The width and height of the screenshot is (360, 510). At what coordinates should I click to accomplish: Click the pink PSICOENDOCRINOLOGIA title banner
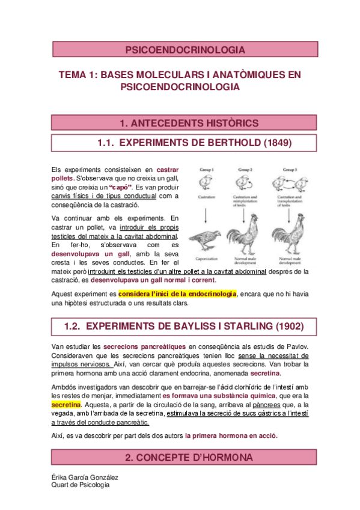(180, 49)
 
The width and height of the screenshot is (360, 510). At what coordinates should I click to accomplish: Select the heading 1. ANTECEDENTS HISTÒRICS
(180, 123)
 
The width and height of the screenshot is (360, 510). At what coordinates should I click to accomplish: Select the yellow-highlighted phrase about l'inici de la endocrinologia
(177, 293)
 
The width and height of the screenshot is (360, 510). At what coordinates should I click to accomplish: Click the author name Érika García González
(85, 477)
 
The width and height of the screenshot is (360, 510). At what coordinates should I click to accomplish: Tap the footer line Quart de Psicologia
(81, 485)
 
